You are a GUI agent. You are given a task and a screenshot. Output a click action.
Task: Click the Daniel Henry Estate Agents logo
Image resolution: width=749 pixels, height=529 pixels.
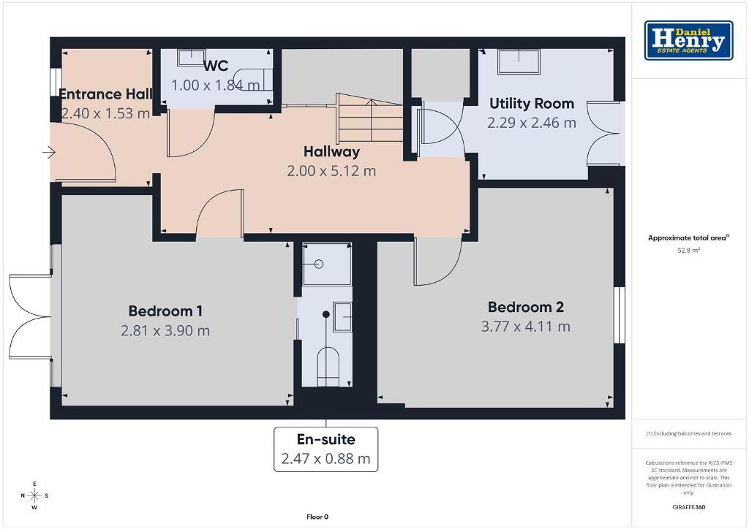(688, 40)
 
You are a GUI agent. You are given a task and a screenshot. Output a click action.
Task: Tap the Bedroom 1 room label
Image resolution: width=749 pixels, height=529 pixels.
(165, 311)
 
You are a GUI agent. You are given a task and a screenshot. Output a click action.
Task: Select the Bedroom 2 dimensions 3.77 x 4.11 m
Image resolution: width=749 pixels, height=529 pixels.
(525, 327)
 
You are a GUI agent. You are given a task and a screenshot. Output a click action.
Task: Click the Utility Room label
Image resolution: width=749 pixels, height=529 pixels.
(532, 104)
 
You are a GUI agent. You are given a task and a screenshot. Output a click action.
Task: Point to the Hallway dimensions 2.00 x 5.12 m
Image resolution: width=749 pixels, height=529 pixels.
(331, 171)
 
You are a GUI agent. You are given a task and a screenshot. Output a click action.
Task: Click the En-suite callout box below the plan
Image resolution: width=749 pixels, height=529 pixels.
(325, 449)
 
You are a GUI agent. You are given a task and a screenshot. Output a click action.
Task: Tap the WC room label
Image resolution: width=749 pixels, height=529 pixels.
(216, 65)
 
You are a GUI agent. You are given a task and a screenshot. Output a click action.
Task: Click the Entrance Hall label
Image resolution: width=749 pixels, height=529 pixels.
(105, 94)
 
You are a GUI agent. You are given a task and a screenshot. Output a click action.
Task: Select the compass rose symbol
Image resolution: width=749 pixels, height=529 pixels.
(34, 495)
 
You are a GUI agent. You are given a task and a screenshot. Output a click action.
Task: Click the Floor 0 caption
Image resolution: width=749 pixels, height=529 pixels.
(317, 517)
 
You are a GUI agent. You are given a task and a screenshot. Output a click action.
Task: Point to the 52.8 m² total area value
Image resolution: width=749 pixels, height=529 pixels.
(688, 250)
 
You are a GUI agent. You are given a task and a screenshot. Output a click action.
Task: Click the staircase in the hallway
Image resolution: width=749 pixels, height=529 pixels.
(370, 118)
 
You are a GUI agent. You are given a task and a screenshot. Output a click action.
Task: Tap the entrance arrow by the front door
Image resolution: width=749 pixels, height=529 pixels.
(49, 153)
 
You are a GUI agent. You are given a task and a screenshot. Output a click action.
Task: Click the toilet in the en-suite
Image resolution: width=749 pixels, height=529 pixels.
(328, 366)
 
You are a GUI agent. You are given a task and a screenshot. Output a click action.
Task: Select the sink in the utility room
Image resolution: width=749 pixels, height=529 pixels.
(519, 62)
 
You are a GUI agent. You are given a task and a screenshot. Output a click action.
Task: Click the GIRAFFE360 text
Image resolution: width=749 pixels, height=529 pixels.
(688, 507)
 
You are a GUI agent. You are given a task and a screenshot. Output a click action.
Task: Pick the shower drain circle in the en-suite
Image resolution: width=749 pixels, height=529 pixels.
(319, 264)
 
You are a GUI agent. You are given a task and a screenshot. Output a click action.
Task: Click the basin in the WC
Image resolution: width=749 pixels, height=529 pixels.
(191, 58)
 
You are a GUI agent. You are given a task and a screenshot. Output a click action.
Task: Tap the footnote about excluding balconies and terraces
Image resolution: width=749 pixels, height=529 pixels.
(688, 433)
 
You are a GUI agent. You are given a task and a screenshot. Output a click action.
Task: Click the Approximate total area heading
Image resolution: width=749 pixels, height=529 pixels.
(688, 237)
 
